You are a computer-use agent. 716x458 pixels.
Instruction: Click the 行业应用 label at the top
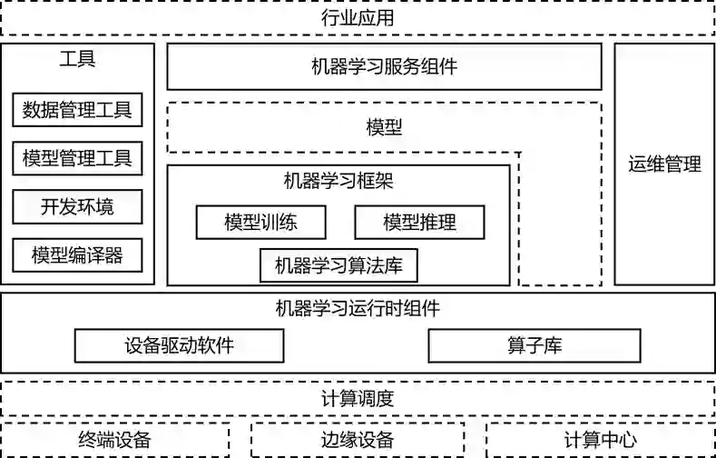coord(358,17)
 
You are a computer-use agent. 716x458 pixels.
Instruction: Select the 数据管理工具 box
coord(77,111)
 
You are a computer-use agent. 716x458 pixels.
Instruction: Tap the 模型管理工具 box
coord(77,159)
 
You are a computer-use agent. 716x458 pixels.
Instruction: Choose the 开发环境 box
coord(77,207)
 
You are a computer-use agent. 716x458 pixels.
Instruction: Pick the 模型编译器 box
coord(77,255)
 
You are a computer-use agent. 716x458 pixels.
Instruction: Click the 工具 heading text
coord(77,60)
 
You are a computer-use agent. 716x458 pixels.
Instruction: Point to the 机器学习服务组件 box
coord(384,66)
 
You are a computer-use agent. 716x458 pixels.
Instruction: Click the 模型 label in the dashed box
coord(384,127)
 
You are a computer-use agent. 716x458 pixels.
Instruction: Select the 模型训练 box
coord(260,222)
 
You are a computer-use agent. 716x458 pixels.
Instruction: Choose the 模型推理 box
coord(419,222)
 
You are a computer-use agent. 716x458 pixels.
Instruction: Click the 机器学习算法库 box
coord(338,266)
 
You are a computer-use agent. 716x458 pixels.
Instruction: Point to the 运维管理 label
coord(664,164)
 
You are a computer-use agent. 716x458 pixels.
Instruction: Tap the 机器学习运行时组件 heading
coord(358,308)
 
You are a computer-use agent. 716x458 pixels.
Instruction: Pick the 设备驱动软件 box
coord(179,345)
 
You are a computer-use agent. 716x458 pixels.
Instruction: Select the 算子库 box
coord(535,345)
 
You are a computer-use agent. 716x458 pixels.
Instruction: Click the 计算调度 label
coord(358,398)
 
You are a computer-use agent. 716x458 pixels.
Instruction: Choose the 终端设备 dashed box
coord(114,441)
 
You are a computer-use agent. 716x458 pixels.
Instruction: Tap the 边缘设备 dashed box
coord(357,441)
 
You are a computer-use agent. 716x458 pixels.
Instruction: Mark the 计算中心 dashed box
coord(600,441)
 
